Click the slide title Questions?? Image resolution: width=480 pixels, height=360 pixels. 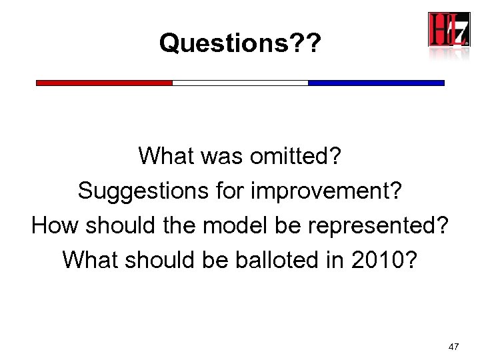tap(240, 44)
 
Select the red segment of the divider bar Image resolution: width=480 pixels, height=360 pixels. tap(104, 83)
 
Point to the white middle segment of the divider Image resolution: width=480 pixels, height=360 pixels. tap(240, 83)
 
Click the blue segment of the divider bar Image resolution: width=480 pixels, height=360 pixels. tap(376, 83)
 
